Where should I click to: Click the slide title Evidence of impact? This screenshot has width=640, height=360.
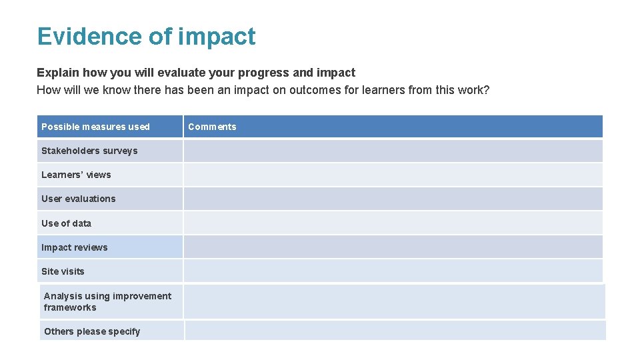(146, 36)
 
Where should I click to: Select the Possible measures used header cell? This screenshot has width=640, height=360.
(95, 127)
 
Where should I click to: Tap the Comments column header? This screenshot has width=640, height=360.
(212, 127)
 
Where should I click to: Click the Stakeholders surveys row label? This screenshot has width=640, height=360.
(89, 151)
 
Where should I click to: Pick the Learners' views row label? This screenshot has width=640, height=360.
(76, 175)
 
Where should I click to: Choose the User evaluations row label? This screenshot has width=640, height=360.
(78, 199)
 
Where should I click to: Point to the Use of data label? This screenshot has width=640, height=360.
(66, 223)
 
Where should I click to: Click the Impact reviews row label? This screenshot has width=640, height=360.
(74, 247)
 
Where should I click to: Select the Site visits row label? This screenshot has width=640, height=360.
(63, 271)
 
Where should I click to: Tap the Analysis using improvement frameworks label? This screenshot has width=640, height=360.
(107, 301)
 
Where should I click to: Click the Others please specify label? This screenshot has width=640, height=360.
(92, 331)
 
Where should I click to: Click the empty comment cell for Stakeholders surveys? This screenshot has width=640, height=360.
(393, 151)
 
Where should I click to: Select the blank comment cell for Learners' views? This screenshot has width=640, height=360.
(393, 175)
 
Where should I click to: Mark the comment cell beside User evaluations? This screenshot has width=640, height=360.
(393, 199)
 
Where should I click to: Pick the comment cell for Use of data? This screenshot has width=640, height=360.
(393, 223)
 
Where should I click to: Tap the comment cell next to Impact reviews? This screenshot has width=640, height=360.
(393, 247)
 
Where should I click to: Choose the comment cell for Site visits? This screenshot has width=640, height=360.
(393, 271)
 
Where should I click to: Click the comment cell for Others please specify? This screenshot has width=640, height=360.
(395, 331)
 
